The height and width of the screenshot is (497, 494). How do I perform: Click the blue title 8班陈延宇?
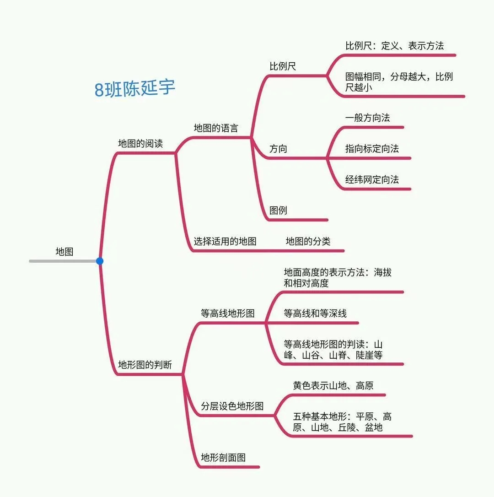[135, 88]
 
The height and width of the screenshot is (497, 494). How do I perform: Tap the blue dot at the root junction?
[100, 261]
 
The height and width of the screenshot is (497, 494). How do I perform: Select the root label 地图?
[64, 251]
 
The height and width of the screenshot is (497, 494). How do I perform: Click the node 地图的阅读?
[140, 143]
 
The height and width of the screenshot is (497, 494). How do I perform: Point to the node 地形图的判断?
[145, 365]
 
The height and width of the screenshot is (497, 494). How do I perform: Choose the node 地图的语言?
[216, 128]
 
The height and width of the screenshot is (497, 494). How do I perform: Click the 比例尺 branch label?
[283, 66]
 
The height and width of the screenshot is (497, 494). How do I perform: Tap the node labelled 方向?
[278, 149]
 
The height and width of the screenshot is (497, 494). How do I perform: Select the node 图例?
[278, 211]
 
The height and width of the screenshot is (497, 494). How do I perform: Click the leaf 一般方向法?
[367, 118]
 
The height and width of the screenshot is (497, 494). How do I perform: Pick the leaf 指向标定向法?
[372, 149]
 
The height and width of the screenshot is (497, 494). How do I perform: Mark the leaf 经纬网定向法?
[372, 179]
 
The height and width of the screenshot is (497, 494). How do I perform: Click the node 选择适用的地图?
[225, 241]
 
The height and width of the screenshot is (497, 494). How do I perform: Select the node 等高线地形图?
[227, 313]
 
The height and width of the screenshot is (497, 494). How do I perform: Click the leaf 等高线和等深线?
[315, 313]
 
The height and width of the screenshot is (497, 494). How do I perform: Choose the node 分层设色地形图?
[232, 406]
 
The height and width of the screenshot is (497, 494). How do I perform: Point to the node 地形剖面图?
[223, 457]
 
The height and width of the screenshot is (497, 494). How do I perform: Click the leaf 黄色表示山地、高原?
[333, 385]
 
